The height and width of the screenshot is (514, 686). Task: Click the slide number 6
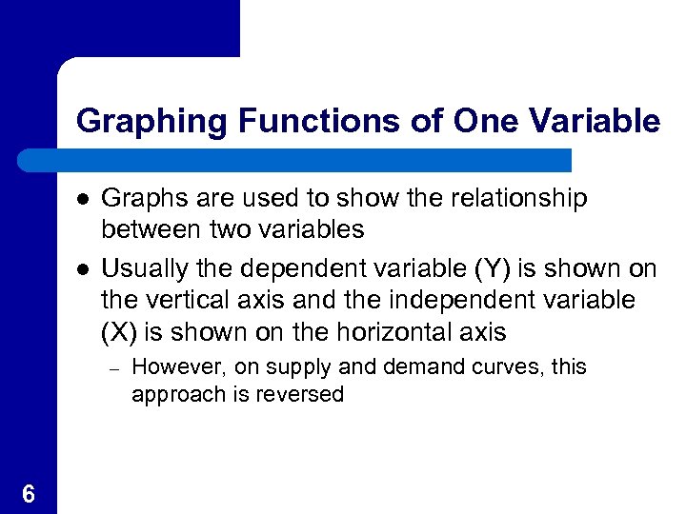point(28,494)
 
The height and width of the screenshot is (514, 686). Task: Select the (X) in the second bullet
point(119,332)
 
